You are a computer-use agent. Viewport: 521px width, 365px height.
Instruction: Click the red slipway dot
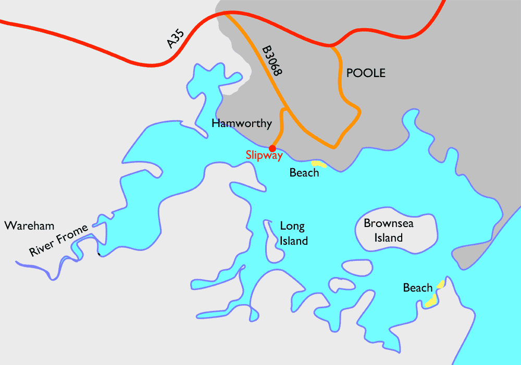[272, 148]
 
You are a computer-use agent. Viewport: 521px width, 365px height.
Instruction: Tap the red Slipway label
[264, 155]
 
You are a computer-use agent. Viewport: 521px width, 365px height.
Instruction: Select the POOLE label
[366, 73]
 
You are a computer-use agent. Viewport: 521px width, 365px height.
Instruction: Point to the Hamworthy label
[241, 123]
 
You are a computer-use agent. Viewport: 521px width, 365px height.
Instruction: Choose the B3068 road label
[271, 62]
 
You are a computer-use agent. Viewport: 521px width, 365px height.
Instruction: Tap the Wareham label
[29, 225]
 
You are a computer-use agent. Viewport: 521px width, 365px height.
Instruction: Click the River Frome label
[58, 241]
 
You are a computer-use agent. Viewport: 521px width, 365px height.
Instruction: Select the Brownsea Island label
[390, 231]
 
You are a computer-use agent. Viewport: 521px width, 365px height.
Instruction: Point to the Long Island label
[293, 233]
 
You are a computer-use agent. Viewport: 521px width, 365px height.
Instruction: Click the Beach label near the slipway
[304, 173]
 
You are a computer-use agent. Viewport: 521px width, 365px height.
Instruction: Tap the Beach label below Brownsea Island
[418, 288]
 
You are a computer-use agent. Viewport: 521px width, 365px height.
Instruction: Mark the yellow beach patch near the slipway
[318, 164]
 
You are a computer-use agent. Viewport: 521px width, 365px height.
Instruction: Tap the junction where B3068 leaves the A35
[227, 15]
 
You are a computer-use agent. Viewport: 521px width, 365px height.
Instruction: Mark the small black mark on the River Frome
[99, 254]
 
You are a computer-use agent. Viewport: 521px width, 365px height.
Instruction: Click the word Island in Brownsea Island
[390, 238]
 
